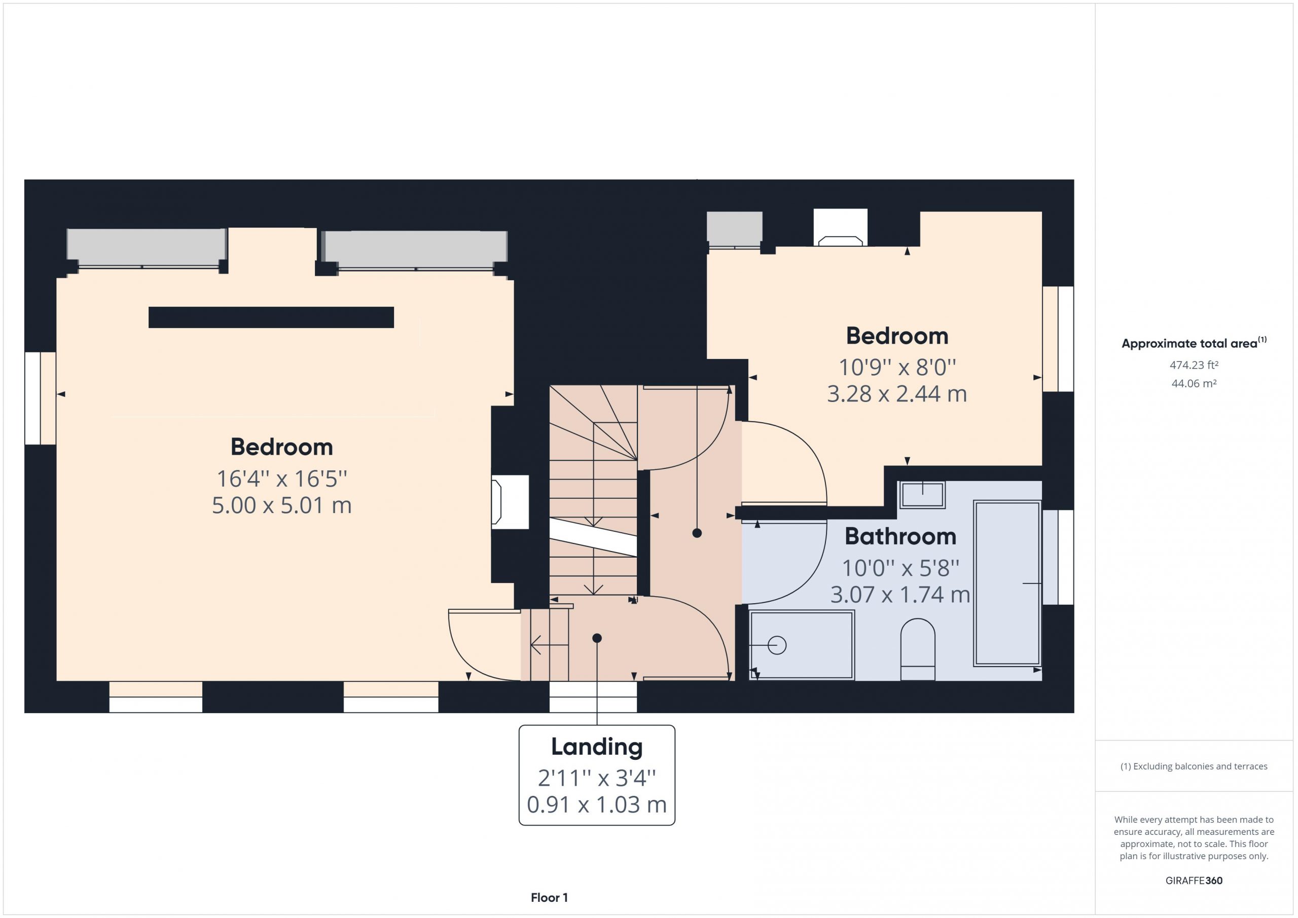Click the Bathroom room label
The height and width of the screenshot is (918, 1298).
pos(900,536)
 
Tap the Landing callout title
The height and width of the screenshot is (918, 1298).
pos(597,747)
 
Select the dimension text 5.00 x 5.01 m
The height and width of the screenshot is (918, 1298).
pos(281,505)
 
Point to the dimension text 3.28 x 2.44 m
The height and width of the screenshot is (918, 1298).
pos(896,394)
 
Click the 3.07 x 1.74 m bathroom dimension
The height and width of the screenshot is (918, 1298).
pos(900,595)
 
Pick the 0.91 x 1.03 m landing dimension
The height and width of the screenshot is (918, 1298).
pos(597,804)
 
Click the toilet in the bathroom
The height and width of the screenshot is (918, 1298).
pos(918,649)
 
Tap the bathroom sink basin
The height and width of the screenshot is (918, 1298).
pos(922,495)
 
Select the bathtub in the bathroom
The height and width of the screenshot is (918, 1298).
pos(1007,583)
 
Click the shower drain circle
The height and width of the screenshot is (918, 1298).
pos(777,645)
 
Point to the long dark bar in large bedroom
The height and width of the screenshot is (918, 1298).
pos(271,317)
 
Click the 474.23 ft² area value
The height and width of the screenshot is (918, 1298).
pos(1194,365)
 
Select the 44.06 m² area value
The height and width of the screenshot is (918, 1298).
pos(1194,383)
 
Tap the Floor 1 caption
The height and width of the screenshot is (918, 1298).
pos(549,898)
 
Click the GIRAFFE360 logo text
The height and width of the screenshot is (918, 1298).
pos(1194,880)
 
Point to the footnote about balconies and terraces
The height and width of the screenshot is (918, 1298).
pos(1194,766)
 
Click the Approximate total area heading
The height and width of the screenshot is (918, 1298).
pos(1194,343)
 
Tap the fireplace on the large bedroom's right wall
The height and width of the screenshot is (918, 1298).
pos(510,502)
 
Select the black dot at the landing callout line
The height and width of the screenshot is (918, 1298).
pos(597,638)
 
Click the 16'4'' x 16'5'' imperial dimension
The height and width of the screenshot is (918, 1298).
pos(281,479)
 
